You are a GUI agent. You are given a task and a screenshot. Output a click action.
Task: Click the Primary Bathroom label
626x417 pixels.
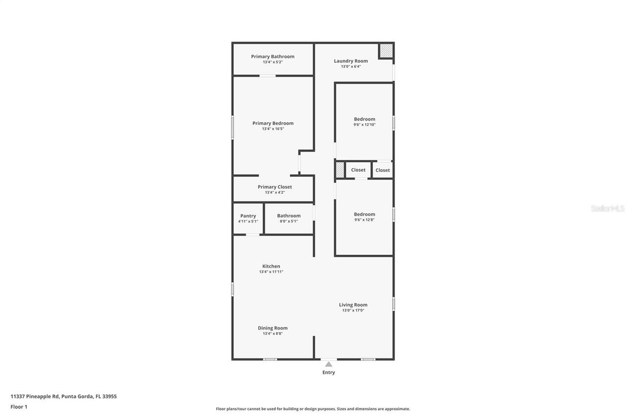point(272,57)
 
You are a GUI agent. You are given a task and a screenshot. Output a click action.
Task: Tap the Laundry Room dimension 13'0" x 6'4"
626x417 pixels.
point(351,66)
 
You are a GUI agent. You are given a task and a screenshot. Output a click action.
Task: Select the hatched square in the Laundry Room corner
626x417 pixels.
point(386,51)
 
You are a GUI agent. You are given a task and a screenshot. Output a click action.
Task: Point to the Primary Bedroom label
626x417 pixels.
point(273,123)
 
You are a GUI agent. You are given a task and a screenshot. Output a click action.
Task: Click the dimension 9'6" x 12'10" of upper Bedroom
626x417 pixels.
point(364,125)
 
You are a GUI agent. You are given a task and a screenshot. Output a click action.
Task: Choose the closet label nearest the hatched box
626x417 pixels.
point(358,170)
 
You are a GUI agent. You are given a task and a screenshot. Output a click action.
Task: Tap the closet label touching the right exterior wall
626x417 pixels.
point(382,170)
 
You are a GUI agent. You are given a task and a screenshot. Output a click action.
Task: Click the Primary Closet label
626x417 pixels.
point(275,187)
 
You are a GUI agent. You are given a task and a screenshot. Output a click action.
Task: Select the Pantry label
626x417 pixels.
point(248,216)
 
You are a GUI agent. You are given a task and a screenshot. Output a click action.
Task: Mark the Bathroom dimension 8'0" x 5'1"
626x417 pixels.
point(289,221)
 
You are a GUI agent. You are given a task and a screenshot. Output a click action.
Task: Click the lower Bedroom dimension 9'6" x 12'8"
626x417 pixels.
point(364,220)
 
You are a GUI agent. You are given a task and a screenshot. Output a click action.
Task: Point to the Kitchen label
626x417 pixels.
point(271,266)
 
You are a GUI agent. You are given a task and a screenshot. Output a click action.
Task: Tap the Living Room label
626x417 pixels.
point(353,305)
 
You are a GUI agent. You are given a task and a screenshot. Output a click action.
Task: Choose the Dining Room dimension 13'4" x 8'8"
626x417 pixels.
point(272,333)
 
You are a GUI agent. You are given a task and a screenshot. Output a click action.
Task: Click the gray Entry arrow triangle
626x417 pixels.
point(329,364)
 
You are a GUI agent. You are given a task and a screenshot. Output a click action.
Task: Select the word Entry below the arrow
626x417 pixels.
point(329,373)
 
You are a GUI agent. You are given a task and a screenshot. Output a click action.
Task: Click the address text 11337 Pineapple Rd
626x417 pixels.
point(34,396)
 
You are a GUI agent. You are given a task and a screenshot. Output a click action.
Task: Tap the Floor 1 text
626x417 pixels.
point(19,407)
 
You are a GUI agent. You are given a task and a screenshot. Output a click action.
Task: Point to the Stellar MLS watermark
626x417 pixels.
point(607,208)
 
